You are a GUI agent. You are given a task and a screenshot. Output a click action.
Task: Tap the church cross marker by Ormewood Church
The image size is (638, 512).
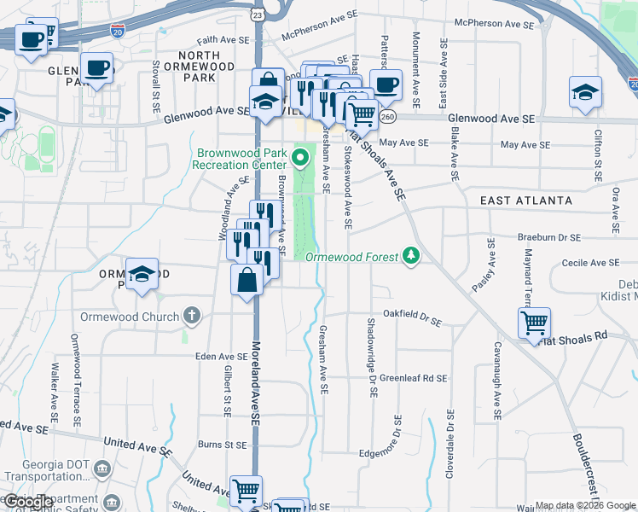coord(192,316)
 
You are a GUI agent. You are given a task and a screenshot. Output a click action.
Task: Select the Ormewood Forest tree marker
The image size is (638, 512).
coord(411,255)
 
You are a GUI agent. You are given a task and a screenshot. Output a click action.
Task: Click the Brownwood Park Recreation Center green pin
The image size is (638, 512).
coord(299,157)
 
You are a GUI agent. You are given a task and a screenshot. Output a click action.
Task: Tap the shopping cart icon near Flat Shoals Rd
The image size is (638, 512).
coord(534,323)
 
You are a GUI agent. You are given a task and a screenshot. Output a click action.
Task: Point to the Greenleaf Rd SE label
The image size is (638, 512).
coord(413,376)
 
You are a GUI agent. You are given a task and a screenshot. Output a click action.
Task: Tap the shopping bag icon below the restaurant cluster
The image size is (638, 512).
coord(246,279)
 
